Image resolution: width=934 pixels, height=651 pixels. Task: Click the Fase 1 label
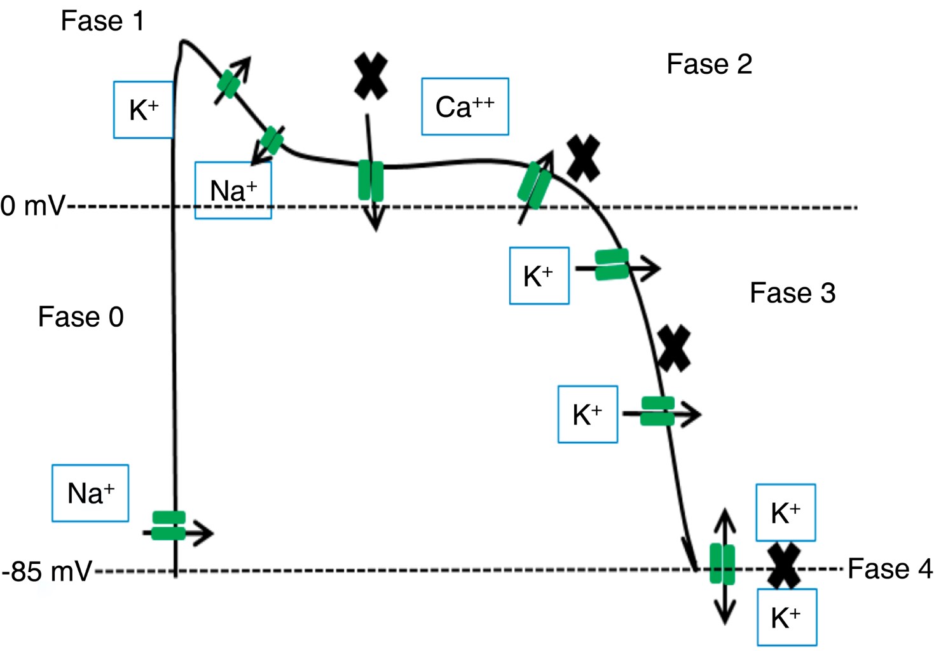pyautogui.click(x=102, y=21)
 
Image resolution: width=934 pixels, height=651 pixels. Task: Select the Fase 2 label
pyautogui.click(x=709, y=64)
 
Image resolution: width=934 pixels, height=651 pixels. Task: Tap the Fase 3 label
pyautogui.click(x=792, y=293)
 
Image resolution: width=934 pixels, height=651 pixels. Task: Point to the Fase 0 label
pyautogui.click(x=81, y=317)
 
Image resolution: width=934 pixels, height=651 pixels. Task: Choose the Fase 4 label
pyautogui.click(x=889, y=568)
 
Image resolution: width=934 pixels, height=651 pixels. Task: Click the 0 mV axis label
pyautogui.click(x=32, y=206)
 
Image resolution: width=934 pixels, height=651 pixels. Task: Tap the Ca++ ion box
pyautogui.click(x=465, y=107)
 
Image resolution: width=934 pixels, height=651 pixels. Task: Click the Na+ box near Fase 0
pyautogui.click(x=90, y=493)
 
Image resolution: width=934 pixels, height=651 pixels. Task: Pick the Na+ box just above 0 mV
pyautogui.click(x=233, y=191)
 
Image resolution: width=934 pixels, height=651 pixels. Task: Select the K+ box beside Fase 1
pyautogui.click(x=143, y=110)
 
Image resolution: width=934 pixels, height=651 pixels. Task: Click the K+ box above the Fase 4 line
pyautogui.click(x=785, y=513)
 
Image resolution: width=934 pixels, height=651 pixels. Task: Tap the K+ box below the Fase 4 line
pyautogui.click(x=786, y=617)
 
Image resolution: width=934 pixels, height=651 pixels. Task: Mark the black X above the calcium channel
pyautogui.click(x=371, y=76)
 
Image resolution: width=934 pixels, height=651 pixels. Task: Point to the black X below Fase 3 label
pyautogui.click(x=674, y=348)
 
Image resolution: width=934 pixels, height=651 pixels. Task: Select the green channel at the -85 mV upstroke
pyautogui.click(x=168, y=526)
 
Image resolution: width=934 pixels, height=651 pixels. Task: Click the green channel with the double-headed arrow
pyautogui.click(x=722, y=564)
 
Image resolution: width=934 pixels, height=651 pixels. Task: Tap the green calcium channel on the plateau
pyautogui.click(x=371, y=181)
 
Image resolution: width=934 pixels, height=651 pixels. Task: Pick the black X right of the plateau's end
pyautogui.click(x=583, y=158)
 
